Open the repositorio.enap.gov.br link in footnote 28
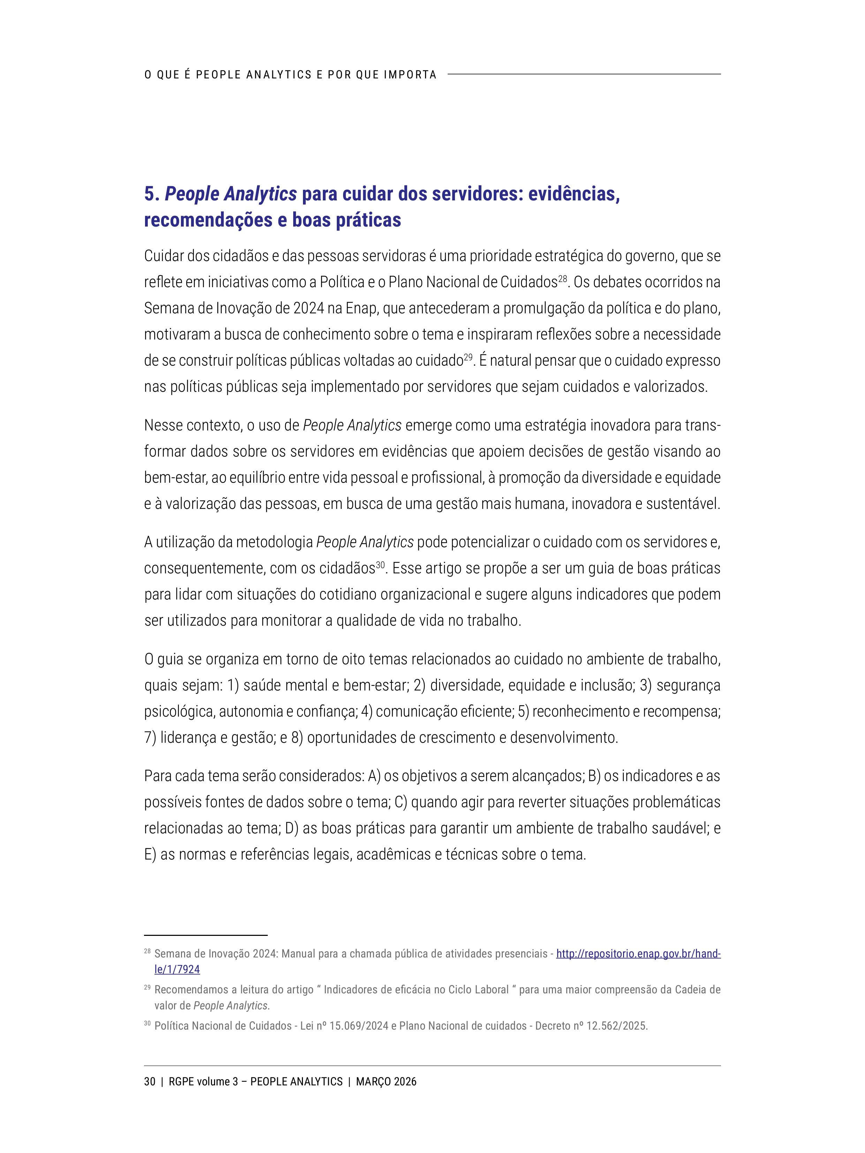(638, 954)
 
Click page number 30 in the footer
(150, 1082)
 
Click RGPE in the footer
(180, 1082)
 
